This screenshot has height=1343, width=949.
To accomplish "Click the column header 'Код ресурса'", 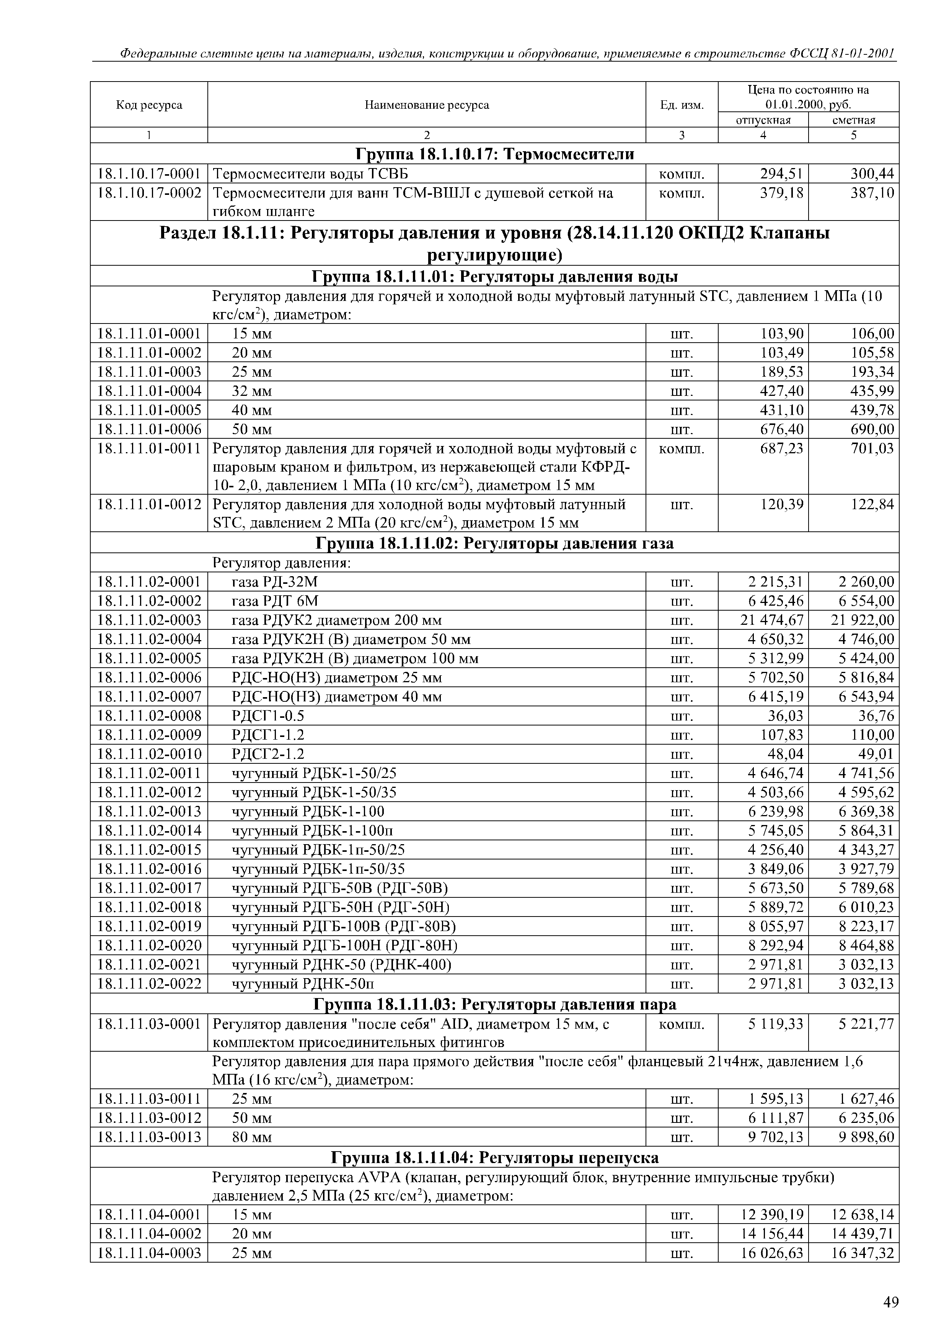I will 149,105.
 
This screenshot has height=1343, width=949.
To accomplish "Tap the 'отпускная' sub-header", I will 763,120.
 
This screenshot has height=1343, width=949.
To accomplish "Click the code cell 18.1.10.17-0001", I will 149,174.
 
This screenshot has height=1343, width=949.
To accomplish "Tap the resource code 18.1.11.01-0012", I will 149,504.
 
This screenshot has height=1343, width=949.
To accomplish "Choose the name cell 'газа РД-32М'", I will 275,582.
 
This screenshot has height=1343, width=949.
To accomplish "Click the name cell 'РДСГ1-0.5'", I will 268,716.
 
